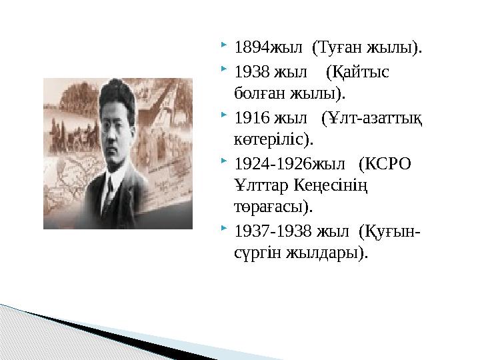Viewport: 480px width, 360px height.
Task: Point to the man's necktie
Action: tap(109, 193)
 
